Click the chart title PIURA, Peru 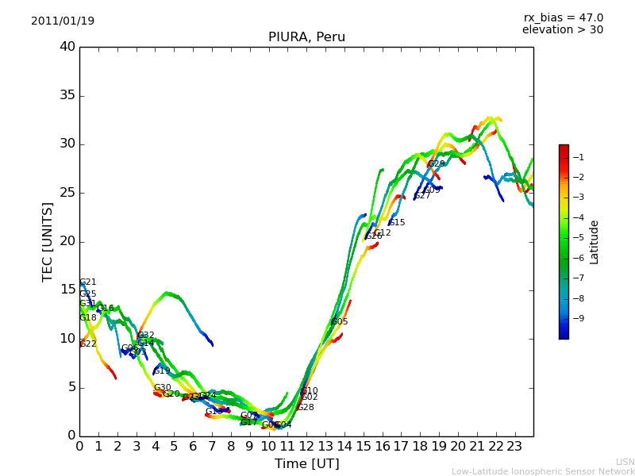click(306, 37)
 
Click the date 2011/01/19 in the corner click(63, 21)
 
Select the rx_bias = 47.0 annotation click(563, 18)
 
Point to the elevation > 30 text click(562, 30)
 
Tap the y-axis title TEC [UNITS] click(48, 241)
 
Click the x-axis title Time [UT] click(306, 464)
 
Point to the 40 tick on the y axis click(67, 47)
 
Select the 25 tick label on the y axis click(67, 193)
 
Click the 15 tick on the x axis click(364, 445)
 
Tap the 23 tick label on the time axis click(515, 445)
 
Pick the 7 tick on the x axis click(212, 445)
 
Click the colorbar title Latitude click(595, 242)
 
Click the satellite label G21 click(88, 282)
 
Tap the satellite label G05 click(340, 322)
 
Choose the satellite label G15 click(397, 223)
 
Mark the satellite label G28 click(306, 408)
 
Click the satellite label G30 click(163, 388)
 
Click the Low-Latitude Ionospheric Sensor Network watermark click(543, 471)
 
